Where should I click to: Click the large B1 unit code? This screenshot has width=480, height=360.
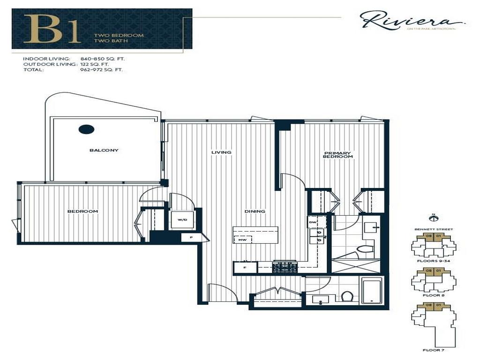coord(52,29)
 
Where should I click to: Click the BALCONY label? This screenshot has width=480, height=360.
coord(104,150)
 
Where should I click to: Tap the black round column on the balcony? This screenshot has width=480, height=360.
coord(86,129)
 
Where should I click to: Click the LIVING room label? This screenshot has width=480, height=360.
coord(221,152)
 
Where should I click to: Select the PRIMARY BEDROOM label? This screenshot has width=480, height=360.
coord(338,155)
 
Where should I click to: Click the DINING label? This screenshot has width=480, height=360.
coord(255,211)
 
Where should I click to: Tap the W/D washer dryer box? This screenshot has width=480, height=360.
coord(182,219)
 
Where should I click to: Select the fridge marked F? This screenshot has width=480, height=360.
coord(245,268)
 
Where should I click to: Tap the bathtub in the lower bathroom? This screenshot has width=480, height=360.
coord(371,291)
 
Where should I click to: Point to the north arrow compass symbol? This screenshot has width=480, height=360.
coord(433,217)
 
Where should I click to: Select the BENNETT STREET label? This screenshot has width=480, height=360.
coord(434,229)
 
